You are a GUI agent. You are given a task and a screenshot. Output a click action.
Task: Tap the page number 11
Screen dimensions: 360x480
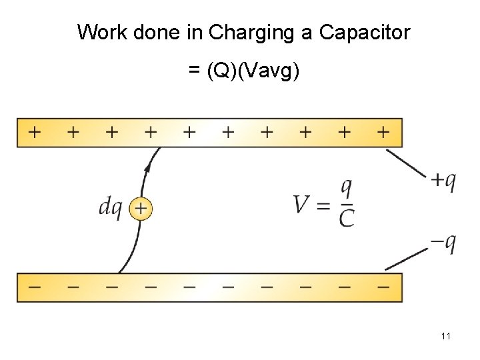tap(445, 336)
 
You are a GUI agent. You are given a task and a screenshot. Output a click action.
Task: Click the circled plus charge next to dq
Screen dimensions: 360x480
tap(140, 209)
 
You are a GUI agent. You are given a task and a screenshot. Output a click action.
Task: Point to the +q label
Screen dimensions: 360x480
tap(441, 180)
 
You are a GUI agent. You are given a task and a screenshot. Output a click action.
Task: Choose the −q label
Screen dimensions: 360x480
tap(441, 243)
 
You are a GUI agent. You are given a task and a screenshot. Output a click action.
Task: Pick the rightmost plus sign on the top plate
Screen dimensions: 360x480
tap(382, 132)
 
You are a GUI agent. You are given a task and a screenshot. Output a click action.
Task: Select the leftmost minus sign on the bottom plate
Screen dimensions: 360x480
tap(34, 287)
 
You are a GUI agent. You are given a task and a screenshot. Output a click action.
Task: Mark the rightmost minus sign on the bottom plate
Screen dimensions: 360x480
tap(382, 287)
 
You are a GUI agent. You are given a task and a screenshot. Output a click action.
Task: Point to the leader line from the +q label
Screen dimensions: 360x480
tap(406, 163)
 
